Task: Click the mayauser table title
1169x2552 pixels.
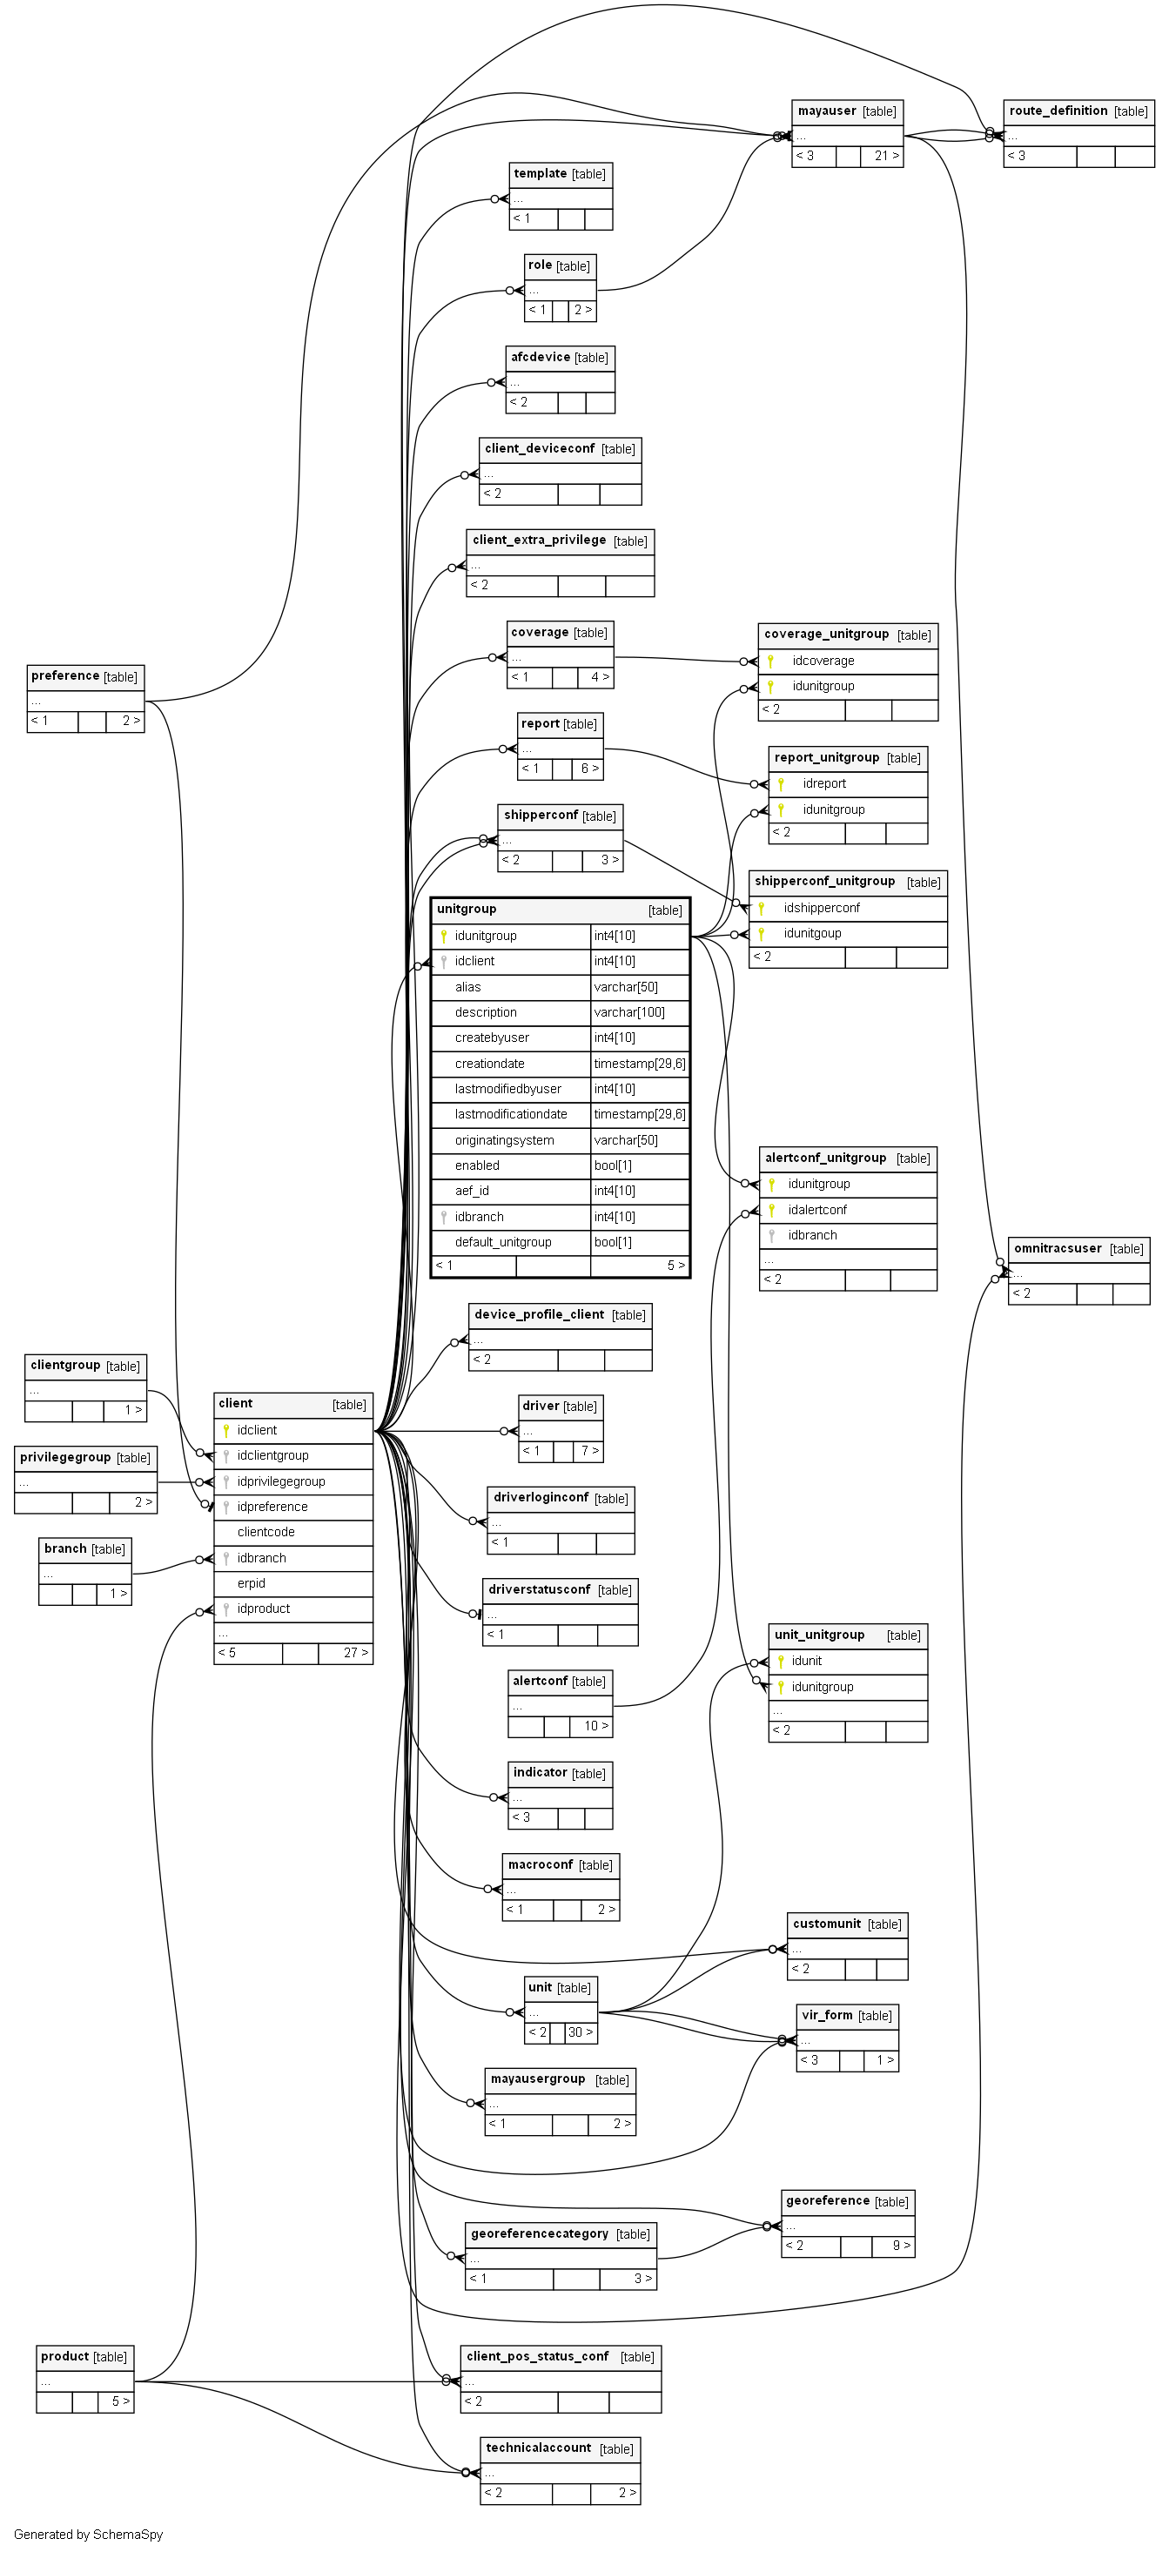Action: click(x=826, y=111)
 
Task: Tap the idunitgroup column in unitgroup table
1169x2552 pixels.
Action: click(x=486, y=935)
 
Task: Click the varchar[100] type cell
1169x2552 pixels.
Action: click(x=629, y=1012)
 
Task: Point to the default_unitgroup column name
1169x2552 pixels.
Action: click(x=502, y=1242)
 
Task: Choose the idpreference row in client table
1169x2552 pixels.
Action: click(x=272, y=1507)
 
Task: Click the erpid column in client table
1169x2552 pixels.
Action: click(x=252, y=1583)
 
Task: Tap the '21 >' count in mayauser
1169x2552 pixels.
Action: click(x=885, y=156)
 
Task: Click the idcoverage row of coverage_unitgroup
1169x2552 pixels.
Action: click(x=823, y=661)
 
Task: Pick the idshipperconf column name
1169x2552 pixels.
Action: click(x=822, y=908)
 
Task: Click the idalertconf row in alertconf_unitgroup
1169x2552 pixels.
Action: click(x=817, y=1210)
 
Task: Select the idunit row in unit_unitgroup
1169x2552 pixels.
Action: click(x=806, y=1661)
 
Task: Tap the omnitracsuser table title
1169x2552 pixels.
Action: click(x=1057, y=1248)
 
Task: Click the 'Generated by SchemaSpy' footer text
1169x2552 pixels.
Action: click(x=88, y=2535)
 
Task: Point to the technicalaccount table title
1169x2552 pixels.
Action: click(x=538, y=2447)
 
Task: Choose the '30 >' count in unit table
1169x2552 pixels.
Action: click(x=581, y=2032)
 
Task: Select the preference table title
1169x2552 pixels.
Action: click(x=64, y=675)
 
